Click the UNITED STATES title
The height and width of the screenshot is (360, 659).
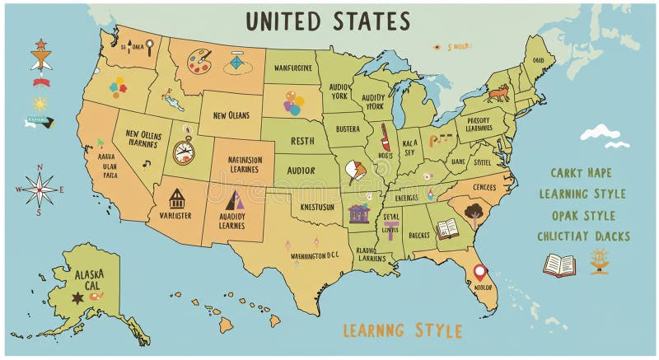(x=328, y=20)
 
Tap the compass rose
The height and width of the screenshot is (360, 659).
(x=40, y=189)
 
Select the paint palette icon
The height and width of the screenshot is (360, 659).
(x=199, y=59)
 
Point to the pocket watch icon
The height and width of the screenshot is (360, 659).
(x=185, y=152)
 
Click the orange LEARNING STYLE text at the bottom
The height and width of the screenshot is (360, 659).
(x=403, y=331)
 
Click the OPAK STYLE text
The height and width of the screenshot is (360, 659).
(x=583, y=215)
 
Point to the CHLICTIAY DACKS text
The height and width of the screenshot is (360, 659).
(x=583, y=236)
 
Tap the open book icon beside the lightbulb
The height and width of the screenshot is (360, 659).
(x=559, y=264)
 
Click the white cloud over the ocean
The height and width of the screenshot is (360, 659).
(x=601, y=133)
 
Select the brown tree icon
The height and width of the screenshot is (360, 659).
(x=474, y=214)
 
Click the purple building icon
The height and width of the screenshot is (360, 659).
(x=359, y=213)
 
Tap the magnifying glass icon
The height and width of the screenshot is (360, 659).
(x=150, y=47)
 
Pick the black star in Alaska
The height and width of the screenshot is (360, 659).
(x=77, y=298)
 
